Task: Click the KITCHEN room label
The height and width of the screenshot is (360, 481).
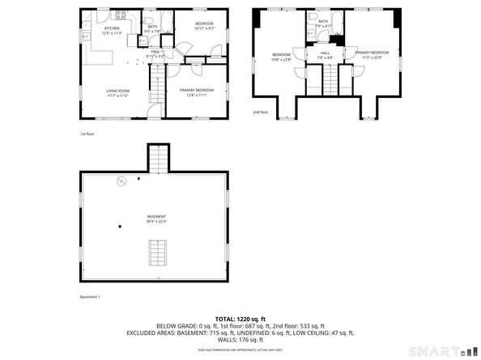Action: [112, 28]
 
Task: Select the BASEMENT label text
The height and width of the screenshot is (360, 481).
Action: [156, 216]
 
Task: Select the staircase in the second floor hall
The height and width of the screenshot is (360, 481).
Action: [330, 80]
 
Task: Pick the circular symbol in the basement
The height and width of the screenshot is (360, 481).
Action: [121, 180]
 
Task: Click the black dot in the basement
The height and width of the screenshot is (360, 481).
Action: [120, 226]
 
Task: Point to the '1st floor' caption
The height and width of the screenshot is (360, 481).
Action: [87, 133]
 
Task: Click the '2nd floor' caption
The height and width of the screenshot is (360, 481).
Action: [260, 112]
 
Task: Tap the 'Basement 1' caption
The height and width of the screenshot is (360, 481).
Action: [89, 297]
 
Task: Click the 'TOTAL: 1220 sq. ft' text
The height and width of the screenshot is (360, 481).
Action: [240, 319]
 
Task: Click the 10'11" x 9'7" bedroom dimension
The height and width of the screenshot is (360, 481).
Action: [203, 28]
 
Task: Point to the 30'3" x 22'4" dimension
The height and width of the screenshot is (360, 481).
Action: [156, 221]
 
